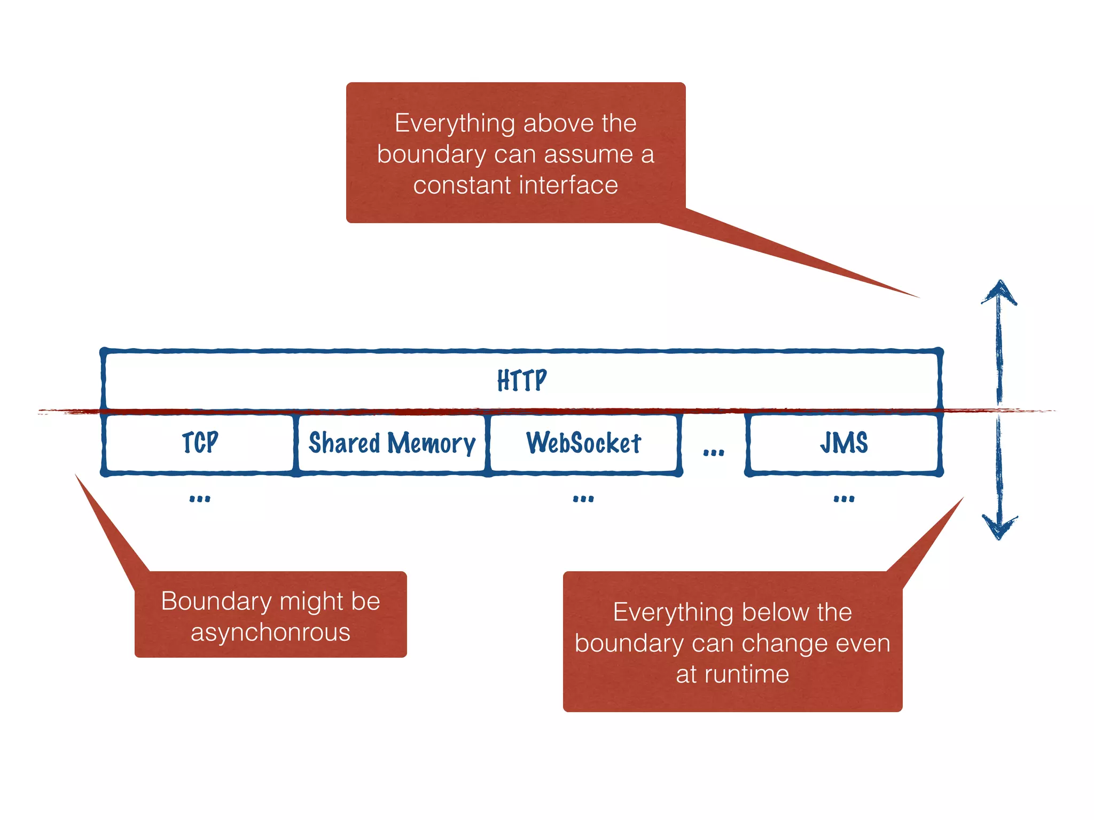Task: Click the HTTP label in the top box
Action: coord(522,380)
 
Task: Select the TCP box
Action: coord(200,443)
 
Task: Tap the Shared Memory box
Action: coord(392,443)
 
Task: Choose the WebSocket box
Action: coord(583,443)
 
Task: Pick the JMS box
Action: coord(844,443)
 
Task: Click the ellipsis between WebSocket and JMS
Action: coord(714,453)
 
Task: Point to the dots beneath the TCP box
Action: coord(200,499)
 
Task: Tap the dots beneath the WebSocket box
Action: coord(583,499)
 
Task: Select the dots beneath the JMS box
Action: coord(844,499)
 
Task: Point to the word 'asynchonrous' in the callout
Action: coord(270,633)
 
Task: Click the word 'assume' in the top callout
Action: coord(588,155)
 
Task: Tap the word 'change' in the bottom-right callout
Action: coord(788,643)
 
